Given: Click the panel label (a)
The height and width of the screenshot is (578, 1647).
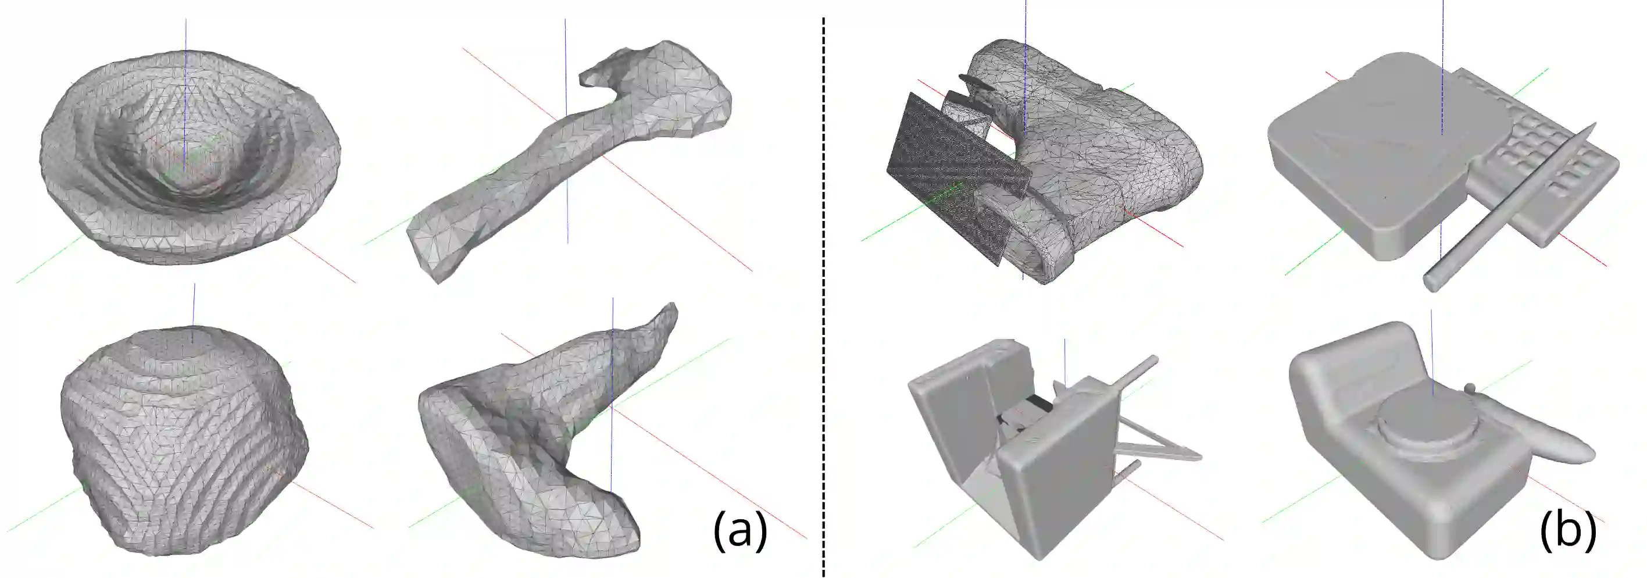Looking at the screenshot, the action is point(739,530).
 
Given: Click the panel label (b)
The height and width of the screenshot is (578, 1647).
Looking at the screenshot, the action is point(1569,530).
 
